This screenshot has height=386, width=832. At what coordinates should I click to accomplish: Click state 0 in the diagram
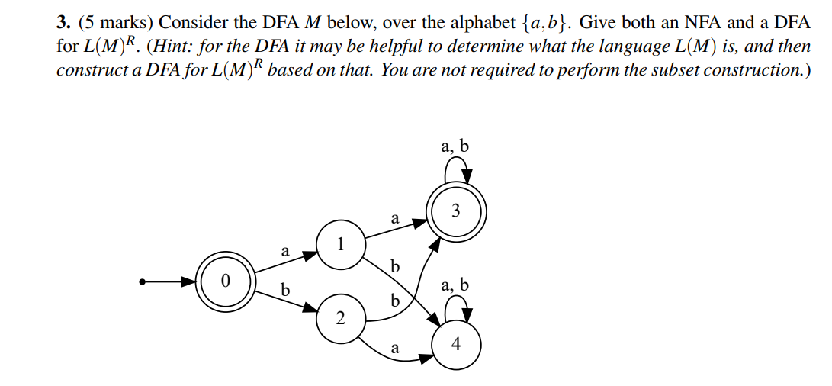(225, 281)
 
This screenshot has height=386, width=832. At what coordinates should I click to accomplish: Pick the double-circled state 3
(455, 211)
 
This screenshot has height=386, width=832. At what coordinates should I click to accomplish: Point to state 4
(455, 345)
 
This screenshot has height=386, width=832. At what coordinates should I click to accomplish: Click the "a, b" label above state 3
(455, 146)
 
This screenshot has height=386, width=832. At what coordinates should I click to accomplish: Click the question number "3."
(64, 22)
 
